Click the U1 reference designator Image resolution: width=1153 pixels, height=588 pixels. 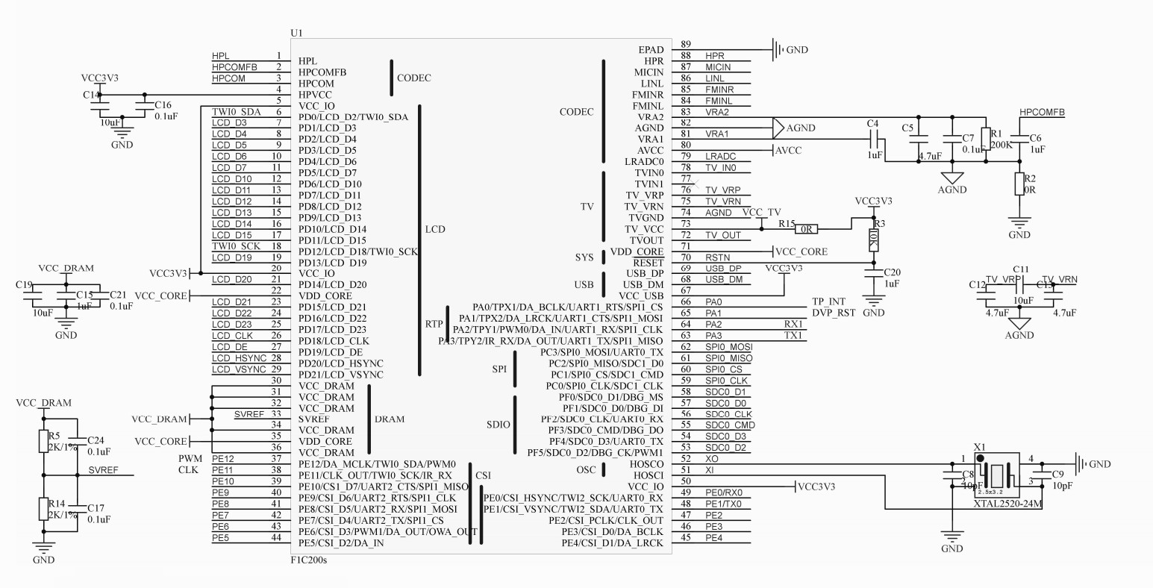tap(296, 34)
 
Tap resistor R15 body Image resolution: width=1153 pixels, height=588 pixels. tap(807, 229)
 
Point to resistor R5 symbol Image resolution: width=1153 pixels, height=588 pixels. tap(44, 442)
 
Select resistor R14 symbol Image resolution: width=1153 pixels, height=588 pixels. tap(44, 510)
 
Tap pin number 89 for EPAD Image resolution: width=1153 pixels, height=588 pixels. tap(686, 45)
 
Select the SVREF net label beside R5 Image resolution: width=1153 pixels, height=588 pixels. tap(101, 470)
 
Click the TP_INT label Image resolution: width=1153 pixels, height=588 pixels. tap(828, 301)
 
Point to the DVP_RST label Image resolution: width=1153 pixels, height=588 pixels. tap(833, 313)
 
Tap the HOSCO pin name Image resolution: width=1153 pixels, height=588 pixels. tap(647, 464)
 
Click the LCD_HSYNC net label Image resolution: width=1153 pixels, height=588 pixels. tap(239, 358)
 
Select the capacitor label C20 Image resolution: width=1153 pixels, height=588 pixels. tap(892, 272)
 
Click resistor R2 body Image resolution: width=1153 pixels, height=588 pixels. tap(1019, 184)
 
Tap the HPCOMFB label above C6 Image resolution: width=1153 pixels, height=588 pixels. tap(1042, 113)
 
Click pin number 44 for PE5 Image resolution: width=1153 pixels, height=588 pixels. tap(276, 537)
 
